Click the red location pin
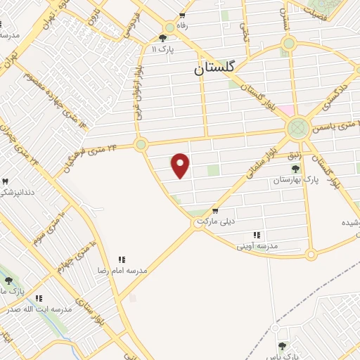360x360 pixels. pos(181,165)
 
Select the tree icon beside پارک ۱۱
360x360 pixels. pos(163,38)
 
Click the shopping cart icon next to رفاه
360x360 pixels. pos(183,15)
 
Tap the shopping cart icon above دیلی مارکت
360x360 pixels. pos(214,211)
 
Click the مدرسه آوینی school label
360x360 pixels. pos(257,246)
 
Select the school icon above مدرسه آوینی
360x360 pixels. pos(257,235)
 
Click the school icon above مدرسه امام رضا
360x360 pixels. pos(121,259)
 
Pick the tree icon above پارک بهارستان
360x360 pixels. pos(296,169)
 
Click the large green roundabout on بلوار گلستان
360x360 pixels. pos(297,127)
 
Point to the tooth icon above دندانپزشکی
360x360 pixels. pos(6,181)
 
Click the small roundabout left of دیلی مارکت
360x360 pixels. pos(199,222)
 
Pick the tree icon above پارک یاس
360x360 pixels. pos(282,345)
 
